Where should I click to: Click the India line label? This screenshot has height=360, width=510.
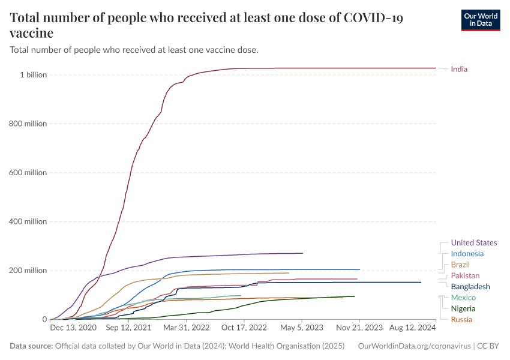pyautogui.click(x=459, y=69)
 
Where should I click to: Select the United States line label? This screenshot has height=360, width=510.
pyautogui.click(x=473, y=243)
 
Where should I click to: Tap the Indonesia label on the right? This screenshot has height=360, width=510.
pyautogui.click(x=467, y=254)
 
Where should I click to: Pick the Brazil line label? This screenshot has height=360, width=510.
pyautogui.click(x=460, y=265)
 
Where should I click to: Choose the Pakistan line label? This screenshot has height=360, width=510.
pyautogui.click(x=465, y=275)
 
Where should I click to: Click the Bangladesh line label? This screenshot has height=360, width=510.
pyautogui.click(x=470, y=287)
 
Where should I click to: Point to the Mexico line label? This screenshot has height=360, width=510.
pyautogui.click(x=463, y=298)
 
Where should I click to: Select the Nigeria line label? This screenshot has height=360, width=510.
pyautogui.click(x=463, y=308)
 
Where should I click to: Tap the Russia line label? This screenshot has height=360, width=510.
pyautogui.click(x=461, y=319)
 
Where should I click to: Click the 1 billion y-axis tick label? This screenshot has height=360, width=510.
pyautogui.click(x=34, y=75)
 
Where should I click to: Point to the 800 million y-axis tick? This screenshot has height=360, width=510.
pyautogui.click(x=29, y=124)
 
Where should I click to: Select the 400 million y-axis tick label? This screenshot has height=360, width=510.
pyautogui.click(x=29, y=221)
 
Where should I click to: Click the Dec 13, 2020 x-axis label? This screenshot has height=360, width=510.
pyautogui.click(x=73, y=328)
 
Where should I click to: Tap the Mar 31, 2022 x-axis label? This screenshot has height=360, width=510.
pyautogui.click(x=186, y=328)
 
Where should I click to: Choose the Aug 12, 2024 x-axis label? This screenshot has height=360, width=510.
pyautogui.click(x=413, y=328)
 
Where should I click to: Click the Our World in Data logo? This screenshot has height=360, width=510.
pyautogui.click(x=480, y=20)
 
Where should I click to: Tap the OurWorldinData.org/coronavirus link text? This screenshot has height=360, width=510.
pyautogui.click(x=413, y=346)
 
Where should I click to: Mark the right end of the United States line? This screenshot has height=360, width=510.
pyautogui.click(x=302, y=253)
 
